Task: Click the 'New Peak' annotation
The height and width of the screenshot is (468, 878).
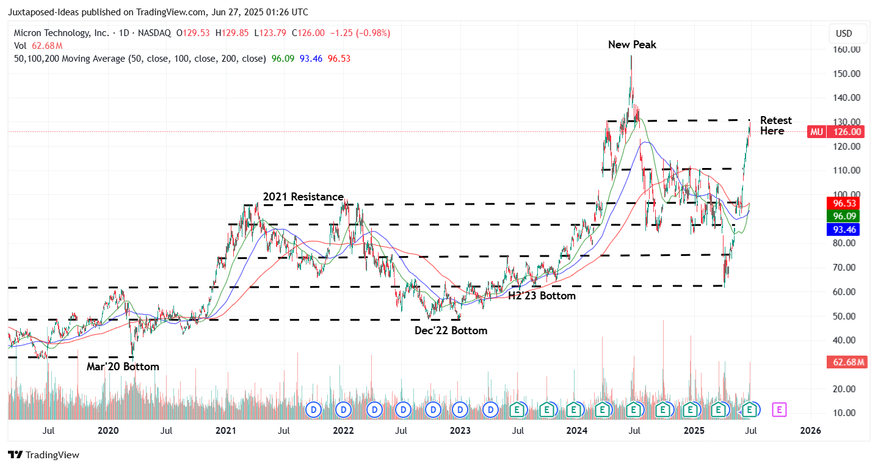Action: tap(632, 45)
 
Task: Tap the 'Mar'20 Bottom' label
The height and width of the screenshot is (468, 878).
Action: tap(123, 367)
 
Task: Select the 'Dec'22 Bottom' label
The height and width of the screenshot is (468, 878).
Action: tap(451, 331)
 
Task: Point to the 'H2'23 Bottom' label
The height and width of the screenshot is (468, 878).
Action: tap(542, 296)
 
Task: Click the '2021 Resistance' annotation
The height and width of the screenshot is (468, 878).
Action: tap(303, 197)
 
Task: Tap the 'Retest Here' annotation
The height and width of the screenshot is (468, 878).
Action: tap(775, 126)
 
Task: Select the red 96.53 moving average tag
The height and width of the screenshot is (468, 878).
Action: tap(845, 203)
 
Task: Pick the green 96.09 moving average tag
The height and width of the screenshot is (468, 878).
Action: tap(845, 216)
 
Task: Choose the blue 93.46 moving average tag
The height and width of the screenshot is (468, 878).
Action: tap(845, 230)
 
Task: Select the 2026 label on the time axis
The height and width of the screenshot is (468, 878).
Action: tap(810, 431)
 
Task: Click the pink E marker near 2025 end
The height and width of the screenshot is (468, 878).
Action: tap(780, 409)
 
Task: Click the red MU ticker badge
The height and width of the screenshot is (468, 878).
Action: tap(816, 131)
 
